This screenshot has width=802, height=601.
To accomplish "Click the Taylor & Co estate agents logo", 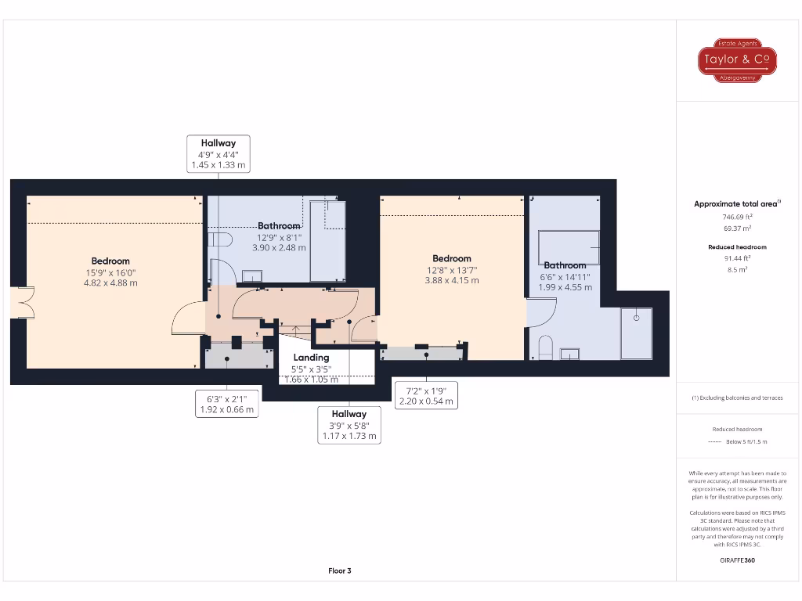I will pyautogui.click(x=737, y=60).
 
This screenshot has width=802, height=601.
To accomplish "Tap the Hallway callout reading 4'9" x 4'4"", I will pyautogui.click(x=219, y=153).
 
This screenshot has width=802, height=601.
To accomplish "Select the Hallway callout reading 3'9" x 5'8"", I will pyautogui.click(x=349, y=424).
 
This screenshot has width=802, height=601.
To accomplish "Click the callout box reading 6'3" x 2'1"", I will pyautogui.click(x=226, y=403).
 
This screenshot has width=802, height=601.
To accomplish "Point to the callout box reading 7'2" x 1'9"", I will pyautogui.click(x=427, y=395).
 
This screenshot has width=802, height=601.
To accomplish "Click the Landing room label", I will pyautogui.click(x=311, y=358).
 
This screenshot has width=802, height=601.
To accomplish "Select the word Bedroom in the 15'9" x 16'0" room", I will pyautogui.click(x=110, y=261).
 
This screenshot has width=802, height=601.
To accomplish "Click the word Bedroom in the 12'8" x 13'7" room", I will pyautogui.click(x=452, y=258).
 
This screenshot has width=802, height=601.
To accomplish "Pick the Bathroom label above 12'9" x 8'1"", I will pyautogui.click(x=280, y=226).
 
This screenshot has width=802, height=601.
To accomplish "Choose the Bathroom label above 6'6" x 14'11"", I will pyautogui.click(x=565, y=265).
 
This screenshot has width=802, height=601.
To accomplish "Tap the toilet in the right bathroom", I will pyautogui.click(x=546, y=349).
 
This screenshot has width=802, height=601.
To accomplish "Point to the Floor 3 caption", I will pyautogui.click(x=339, y=570).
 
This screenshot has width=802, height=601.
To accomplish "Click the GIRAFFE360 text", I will pyautogui.click(x=737, y=560).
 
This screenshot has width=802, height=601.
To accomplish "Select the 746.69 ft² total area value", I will pyautogui.click(x=736, y=216).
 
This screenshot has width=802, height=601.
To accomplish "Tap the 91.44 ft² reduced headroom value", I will pyautogui.click(x=736, y=257).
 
